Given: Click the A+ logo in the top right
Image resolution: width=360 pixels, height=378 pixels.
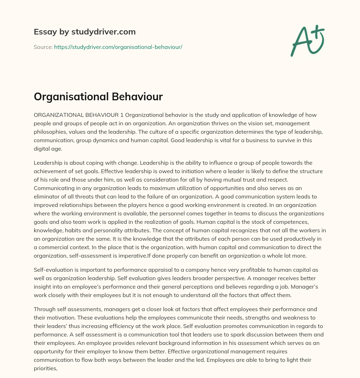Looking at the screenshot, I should point(307,40).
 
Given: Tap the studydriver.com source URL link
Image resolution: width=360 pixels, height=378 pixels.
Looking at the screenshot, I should point(118,47).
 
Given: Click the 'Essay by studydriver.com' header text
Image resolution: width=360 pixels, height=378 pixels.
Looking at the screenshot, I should point(85,32).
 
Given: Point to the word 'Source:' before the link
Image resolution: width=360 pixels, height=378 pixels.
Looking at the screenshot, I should point(43,47).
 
